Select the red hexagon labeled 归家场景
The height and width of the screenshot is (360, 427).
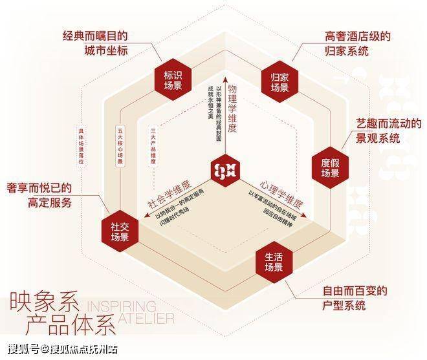[x=278, y=81]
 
